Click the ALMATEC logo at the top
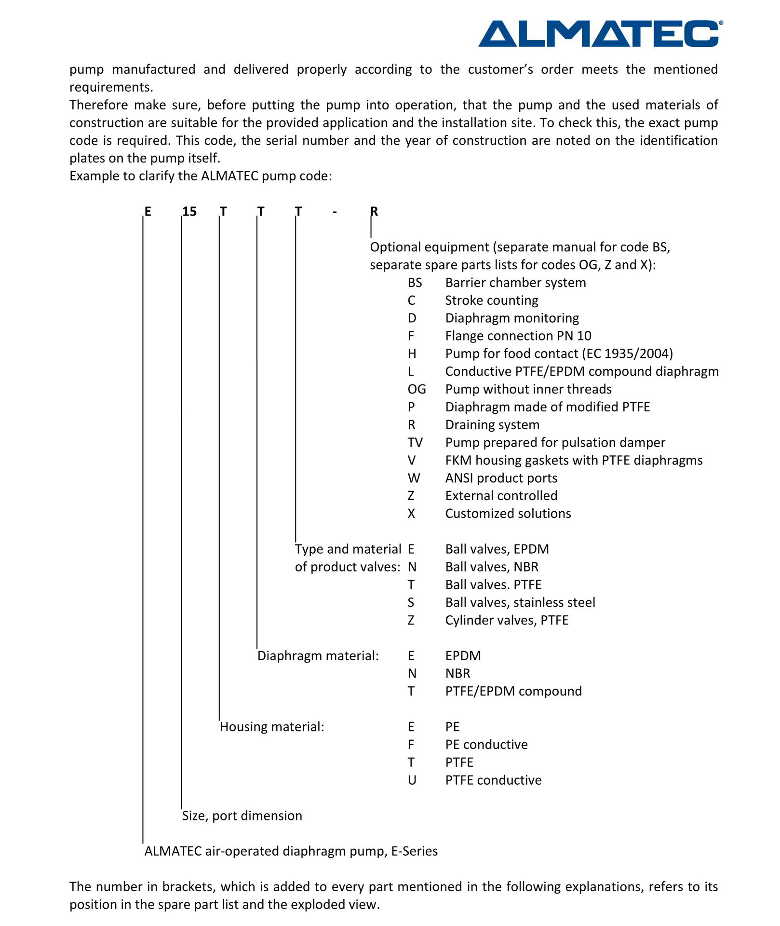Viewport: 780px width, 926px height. (x=600, y=33)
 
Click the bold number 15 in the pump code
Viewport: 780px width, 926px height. (x=189, y=212)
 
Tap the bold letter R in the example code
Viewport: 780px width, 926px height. (x=374, y=212)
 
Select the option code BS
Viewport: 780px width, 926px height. (x=415, y=283)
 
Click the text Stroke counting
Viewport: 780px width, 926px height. (x=491, y=300)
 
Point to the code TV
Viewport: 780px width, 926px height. (x=415, y=443)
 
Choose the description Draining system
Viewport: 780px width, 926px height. (x=492, y=425)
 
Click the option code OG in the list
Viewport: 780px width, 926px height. (x=417, y=389)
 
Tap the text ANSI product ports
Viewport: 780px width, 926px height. (x=501, y=478)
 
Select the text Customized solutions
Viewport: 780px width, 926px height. (x=508, y=514)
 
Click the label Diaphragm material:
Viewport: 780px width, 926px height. (x=318, y=656)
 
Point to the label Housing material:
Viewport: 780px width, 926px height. (x=272, y=727)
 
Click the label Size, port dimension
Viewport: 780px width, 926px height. (x=242, y=816)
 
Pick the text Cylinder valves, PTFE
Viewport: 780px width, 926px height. (x=507, y=620)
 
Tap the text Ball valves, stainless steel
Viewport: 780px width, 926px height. (x=520, y=602)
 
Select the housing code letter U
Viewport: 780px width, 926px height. (x=412, y=780)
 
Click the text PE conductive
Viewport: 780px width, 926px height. (x=486, y=745)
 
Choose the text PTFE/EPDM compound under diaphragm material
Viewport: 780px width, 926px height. (x=513, y=691)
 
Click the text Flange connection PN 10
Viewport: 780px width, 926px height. (x=518, y=336)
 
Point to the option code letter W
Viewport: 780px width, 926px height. (x=414, y=478)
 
